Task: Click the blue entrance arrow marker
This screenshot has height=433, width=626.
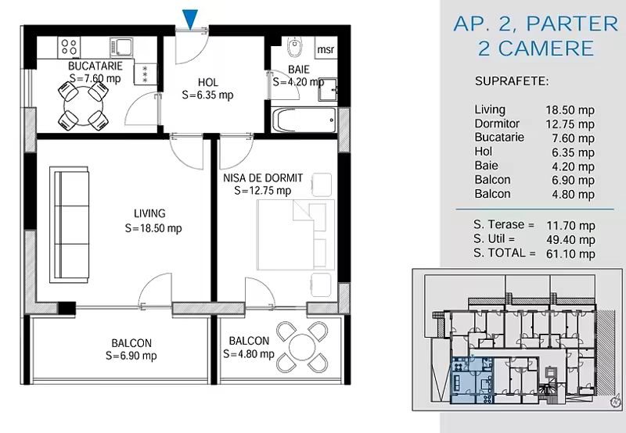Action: [190, 19]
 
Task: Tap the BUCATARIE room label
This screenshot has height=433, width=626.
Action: [95, 66]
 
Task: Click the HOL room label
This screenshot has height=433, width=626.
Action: [208, 83]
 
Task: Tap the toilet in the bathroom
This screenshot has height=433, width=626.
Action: [295, 48]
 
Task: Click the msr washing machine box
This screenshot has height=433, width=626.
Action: [326, 48]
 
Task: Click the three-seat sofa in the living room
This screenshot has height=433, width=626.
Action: [69, 225]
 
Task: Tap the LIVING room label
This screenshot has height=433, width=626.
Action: [149, 213]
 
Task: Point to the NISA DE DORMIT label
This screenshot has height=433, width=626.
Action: [263, 178]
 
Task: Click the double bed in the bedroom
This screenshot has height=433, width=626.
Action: [297, 234]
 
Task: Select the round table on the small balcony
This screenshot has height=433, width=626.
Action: [302, 346]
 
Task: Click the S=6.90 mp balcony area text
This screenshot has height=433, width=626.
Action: [131, 356]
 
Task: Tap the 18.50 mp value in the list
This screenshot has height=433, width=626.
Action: [570, 110]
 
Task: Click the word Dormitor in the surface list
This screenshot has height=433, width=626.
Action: [497, 123]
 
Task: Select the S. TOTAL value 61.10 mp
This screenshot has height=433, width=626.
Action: [570, 253]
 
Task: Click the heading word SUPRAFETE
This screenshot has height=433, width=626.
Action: [512, 81]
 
